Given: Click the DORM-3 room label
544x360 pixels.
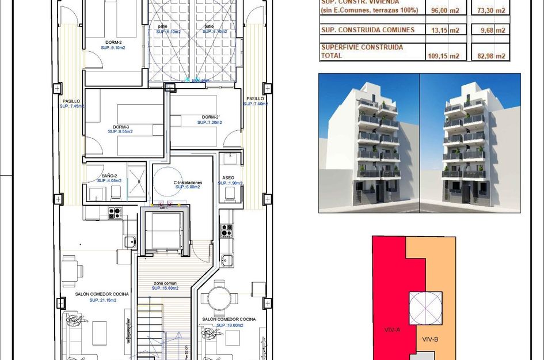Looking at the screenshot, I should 120,127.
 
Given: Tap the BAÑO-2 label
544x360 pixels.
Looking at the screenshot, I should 109,176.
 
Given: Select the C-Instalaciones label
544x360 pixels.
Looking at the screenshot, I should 188,183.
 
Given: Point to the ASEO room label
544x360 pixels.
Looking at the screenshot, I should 228,177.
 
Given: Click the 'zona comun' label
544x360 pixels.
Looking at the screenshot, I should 165,283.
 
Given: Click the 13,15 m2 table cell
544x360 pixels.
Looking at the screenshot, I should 446,31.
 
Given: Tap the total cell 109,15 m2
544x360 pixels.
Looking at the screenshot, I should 446,56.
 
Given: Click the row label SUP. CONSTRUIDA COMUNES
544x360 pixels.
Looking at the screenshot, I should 368,31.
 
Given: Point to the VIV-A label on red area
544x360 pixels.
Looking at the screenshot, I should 392,329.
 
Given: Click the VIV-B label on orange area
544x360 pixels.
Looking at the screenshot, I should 431,339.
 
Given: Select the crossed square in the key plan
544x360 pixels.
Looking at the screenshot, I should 425,308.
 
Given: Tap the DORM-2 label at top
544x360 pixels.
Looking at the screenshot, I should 113,42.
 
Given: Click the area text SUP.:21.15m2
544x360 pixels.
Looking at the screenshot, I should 102,300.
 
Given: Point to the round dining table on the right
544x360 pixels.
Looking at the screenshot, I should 221,298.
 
